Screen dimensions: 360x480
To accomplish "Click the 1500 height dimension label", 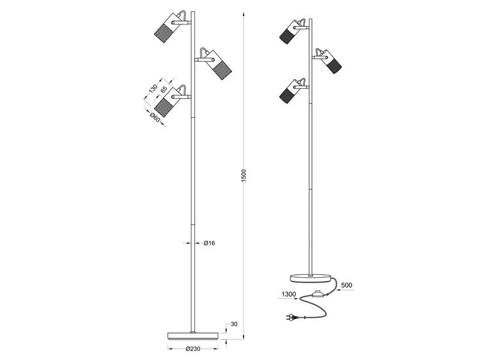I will click(244, 175).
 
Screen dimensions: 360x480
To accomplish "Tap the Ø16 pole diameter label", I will click(209, 243).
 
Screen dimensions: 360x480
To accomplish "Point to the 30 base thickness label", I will click(234, 325).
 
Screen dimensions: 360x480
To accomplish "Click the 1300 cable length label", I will click(287, 295).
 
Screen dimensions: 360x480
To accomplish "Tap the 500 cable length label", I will click(346, 286).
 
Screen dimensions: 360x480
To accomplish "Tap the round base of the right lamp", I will click(311, 277).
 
